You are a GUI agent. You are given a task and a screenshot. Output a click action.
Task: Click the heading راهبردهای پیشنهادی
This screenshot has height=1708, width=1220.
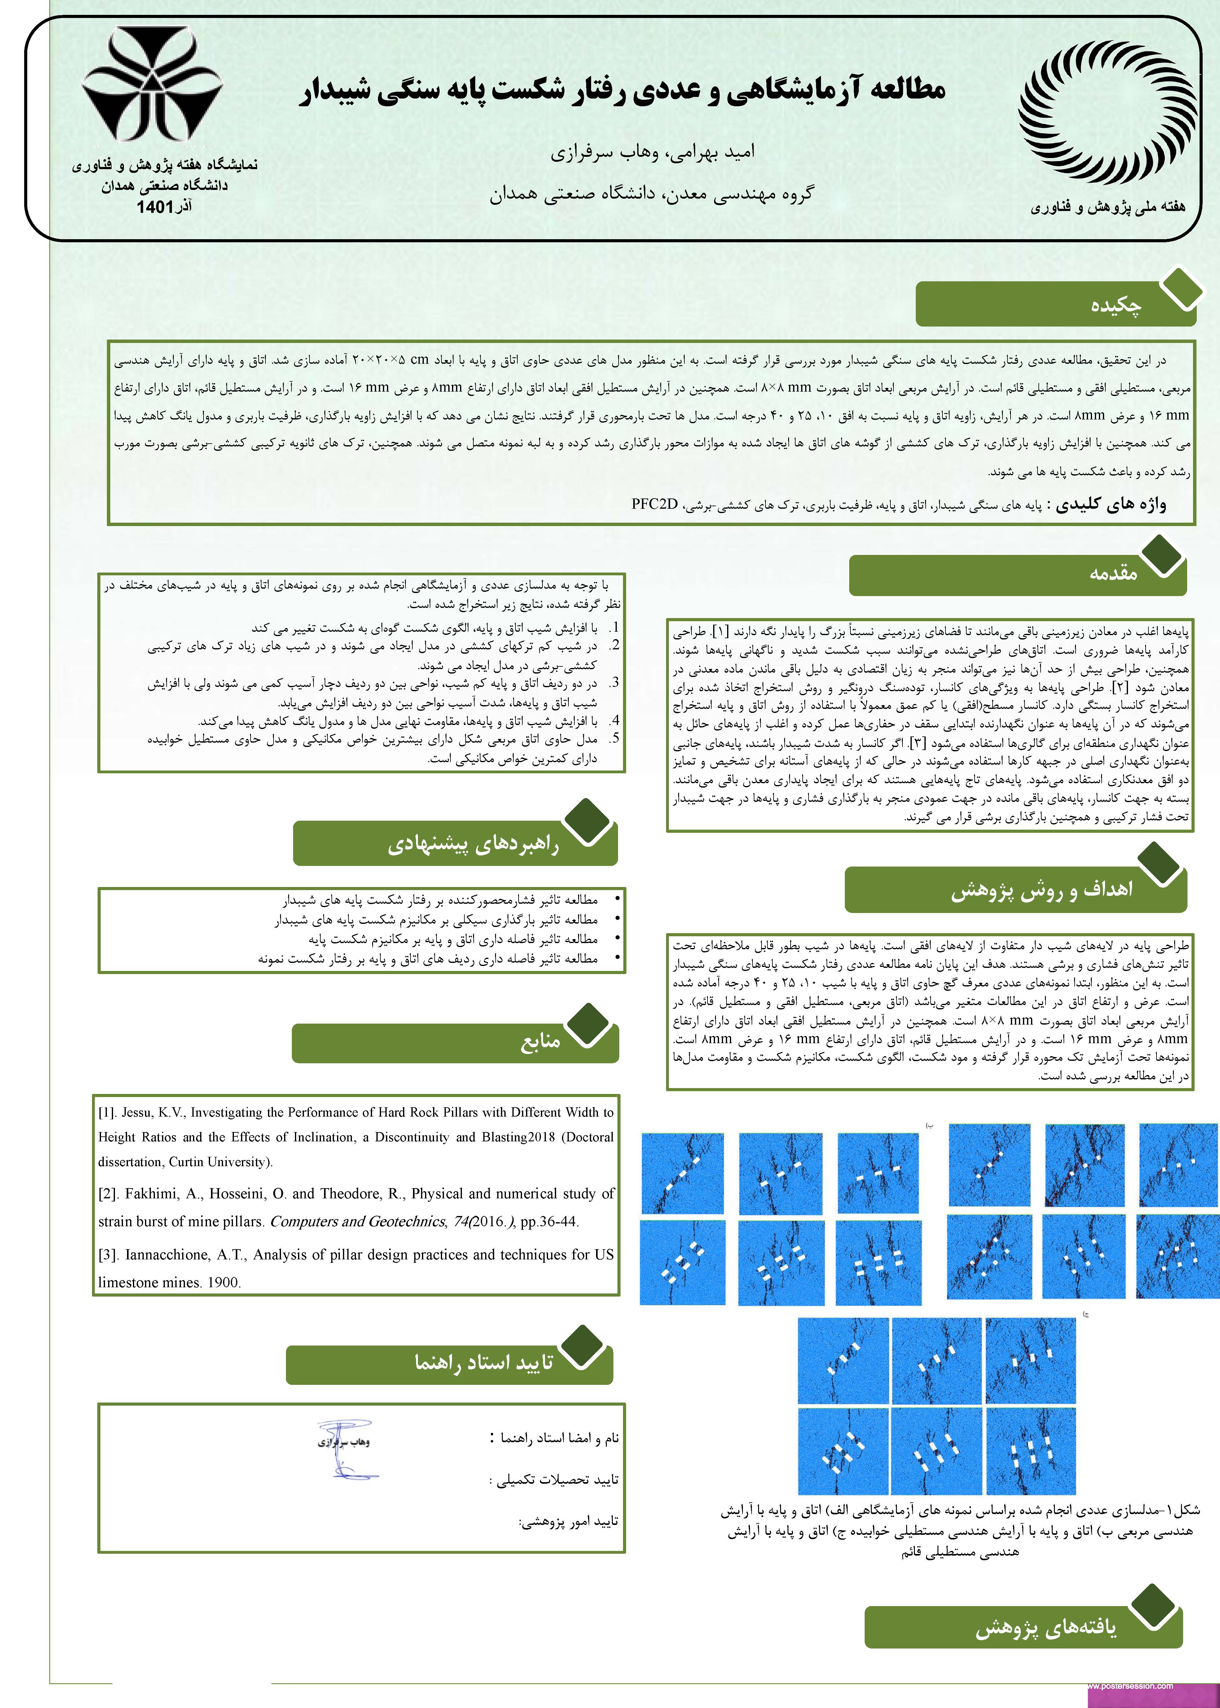473,845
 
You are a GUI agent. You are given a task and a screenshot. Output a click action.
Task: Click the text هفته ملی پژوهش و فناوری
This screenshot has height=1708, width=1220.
1107,207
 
